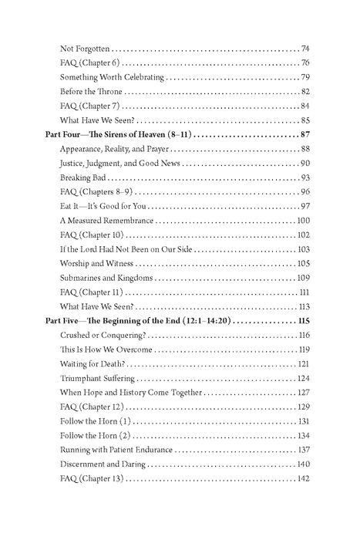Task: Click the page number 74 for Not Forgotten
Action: pos(305,49)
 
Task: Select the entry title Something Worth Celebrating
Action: pos(111,77)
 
